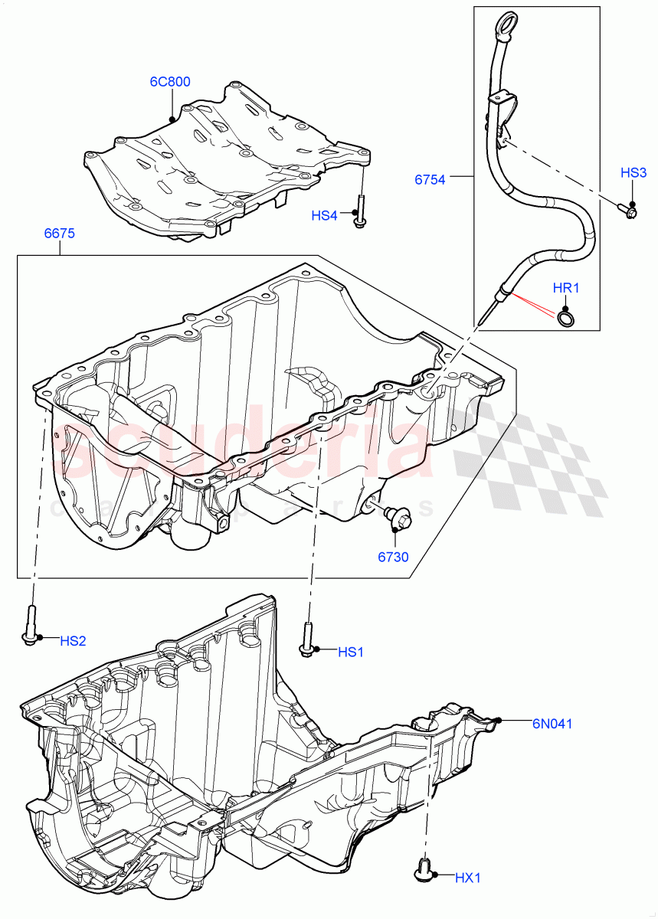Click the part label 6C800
pos(170,82)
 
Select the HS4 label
pos(324,216)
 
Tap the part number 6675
pos(59,234)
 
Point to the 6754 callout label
pos(430,179)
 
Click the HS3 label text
pos(633,174)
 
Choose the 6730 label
pos(393,557)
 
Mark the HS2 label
pos(73,640)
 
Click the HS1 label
pos(350,652)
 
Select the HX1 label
pos(467,878)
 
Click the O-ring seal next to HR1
pos(565,318)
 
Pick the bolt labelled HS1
pos(308,639)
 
